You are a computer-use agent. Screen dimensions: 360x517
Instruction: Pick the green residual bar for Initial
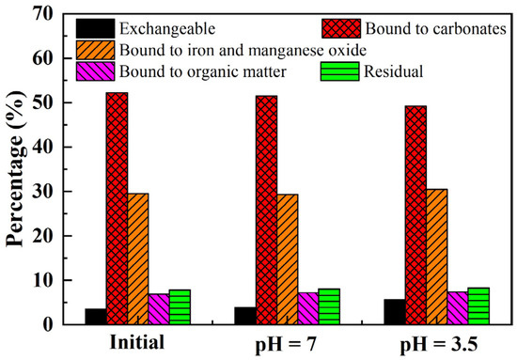[x=179, y=306]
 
